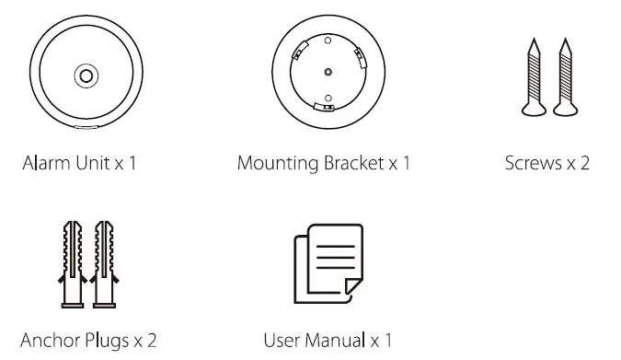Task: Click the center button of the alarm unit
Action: click(86, 74)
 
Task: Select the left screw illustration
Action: click(532, 82)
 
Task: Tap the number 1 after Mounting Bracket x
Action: click(405, 165)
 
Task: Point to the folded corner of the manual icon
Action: click(344, 292)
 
